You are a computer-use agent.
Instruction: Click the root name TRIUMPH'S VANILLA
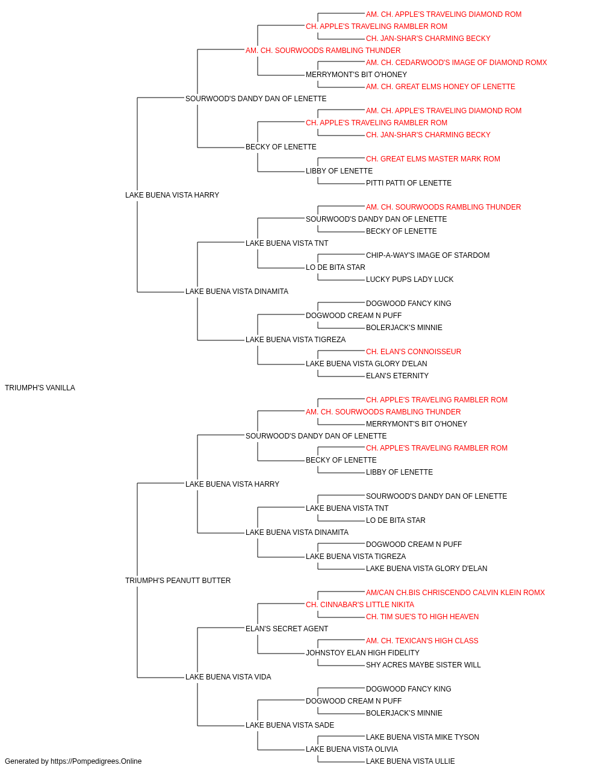point(40,388)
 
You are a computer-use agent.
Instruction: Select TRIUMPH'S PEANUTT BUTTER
point(178,581)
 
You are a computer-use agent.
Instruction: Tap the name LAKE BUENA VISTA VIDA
point(228,677)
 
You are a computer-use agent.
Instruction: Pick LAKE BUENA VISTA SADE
point(290,725)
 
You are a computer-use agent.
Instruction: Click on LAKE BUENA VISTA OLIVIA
point(352,749)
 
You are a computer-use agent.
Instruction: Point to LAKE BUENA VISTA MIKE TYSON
point(422,737)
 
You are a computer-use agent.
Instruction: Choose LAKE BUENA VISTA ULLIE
point(410,761)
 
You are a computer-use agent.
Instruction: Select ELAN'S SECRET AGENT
point(287,629)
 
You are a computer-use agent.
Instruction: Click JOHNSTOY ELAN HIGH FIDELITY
point(362,653)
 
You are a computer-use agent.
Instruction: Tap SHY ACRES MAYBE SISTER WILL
point(423,665)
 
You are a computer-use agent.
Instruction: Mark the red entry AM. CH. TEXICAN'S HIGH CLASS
point(422,641)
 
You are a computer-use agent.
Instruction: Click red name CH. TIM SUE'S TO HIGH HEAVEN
point(422,617)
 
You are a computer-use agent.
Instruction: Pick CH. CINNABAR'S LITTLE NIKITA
point(360,605)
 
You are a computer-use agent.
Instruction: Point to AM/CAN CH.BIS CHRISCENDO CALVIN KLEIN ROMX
point(455,593)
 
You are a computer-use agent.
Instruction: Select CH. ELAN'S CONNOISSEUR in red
point(414,352)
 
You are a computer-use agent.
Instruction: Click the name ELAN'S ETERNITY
point(397,376)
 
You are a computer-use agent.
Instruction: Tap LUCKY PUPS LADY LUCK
point(409,279)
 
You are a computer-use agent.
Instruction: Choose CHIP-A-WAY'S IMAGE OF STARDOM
point(427,255)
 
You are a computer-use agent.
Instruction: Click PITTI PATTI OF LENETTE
point(408,183)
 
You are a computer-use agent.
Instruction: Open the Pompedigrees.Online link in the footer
point(96,761)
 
